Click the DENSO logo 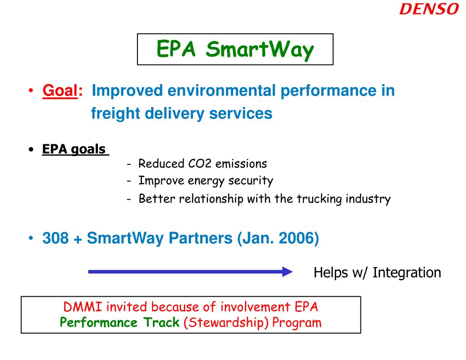[429, 9]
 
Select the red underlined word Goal [59, 91]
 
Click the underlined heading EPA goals [74, 149]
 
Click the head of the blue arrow [287, 272]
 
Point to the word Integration [407, 273]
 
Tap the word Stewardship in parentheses [227, 323]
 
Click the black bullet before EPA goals [30, 150]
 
